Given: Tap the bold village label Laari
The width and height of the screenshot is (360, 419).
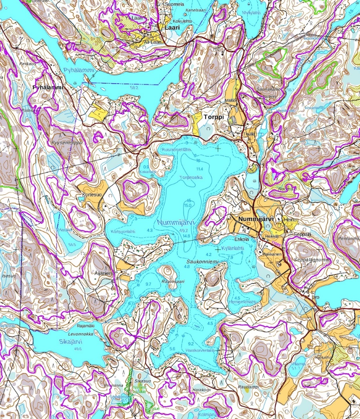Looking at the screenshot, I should tap(170, 28).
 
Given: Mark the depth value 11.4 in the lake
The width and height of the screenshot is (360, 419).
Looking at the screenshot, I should tap(200, 168).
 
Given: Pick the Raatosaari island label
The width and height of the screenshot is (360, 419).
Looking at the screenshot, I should tap(173, 281).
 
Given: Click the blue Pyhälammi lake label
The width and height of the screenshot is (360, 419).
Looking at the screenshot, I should tap(78, 70).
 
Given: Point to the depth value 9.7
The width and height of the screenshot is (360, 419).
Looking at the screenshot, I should tap(149, 284).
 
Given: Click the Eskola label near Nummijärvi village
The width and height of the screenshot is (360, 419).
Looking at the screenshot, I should tap(242, 239).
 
